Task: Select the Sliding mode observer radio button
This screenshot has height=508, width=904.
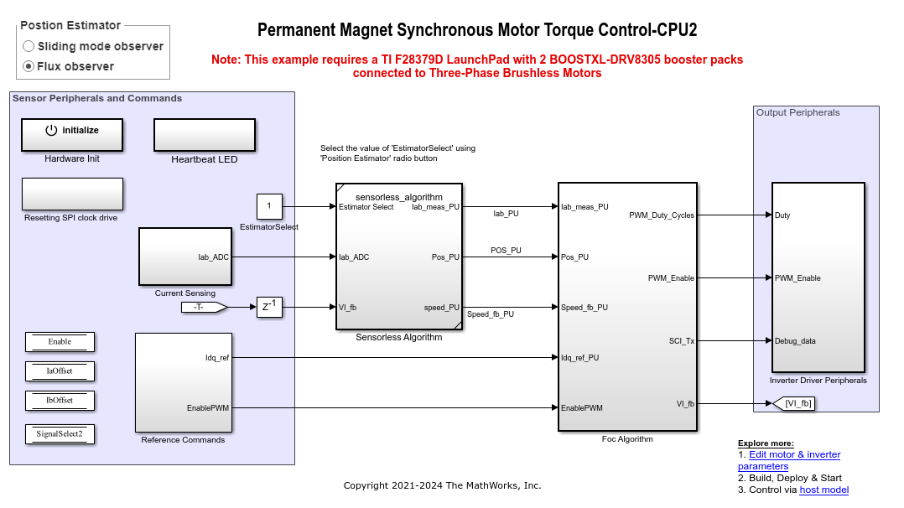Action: tap(29, 46)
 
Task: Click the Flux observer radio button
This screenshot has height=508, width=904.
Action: tap(29, 66)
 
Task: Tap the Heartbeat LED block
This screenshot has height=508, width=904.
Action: tap(205, 134)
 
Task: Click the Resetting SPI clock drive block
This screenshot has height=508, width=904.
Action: tap(72, 194)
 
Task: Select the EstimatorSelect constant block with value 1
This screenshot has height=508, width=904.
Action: tap(269, 206)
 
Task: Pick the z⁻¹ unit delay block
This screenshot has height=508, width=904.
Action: tap(269, 308)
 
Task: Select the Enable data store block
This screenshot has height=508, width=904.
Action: tap(60, 341)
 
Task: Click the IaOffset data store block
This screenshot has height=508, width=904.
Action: tap(60, 371)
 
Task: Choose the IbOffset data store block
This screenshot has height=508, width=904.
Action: tap(60, 400)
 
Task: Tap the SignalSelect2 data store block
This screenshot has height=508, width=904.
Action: tap(60, 433)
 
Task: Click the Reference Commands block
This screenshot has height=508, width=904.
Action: tap(183, 381)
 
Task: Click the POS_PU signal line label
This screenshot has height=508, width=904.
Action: tap(506, 251)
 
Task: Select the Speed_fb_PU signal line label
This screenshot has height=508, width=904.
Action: tap(491, 314)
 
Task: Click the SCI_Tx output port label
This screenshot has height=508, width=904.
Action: tap(681, 341)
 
